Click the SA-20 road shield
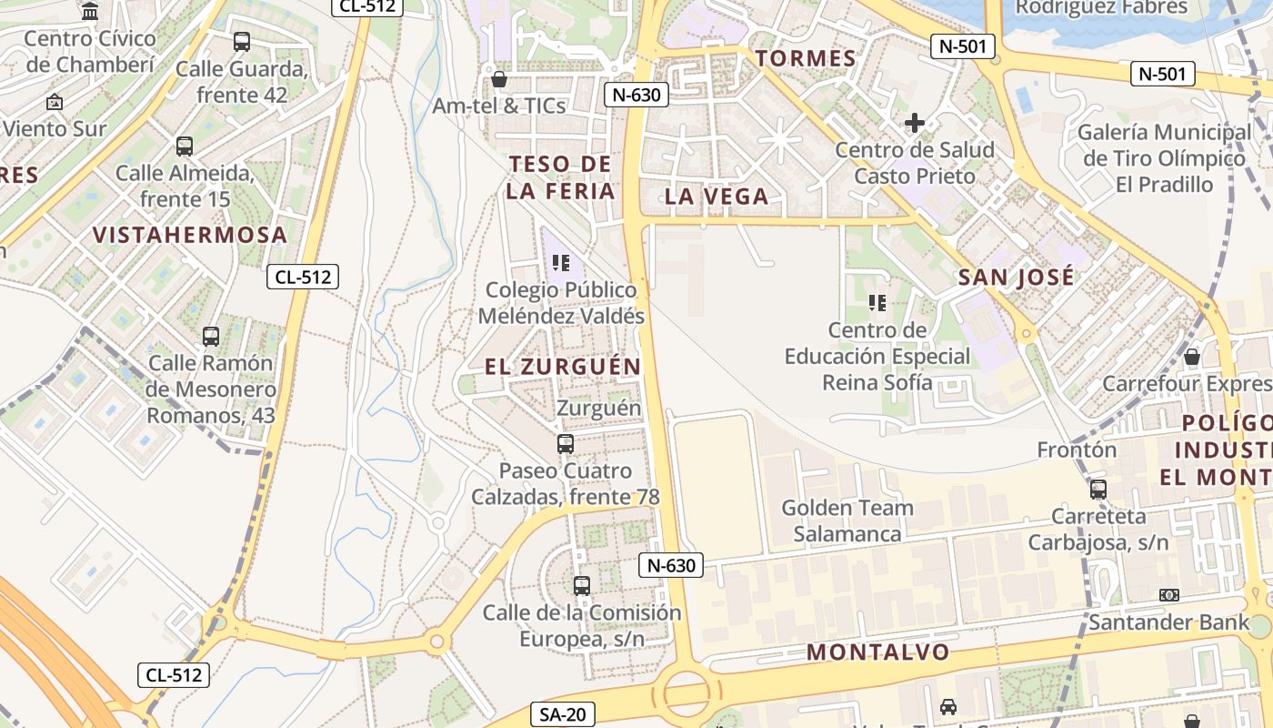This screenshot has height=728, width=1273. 563,714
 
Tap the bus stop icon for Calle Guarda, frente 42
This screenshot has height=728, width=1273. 242,42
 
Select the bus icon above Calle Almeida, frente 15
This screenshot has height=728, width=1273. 185,147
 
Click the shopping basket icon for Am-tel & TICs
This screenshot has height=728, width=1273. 498,79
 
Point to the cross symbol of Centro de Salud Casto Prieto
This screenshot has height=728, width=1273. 915,123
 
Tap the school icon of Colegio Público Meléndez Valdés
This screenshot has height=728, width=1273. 561,264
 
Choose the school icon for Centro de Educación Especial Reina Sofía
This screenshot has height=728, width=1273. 877,303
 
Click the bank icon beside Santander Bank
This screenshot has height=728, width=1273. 1169,595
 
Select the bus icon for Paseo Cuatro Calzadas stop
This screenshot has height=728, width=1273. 566,444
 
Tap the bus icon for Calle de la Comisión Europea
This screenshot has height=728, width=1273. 582,586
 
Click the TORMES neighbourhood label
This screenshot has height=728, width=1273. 806,59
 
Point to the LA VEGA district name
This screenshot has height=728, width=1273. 717,197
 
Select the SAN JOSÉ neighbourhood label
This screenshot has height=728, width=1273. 1017,277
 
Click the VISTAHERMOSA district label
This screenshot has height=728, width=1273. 190,235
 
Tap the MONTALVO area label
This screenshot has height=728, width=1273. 878,652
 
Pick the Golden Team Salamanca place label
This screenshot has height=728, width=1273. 847,521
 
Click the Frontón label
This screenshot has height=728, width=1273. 1077,450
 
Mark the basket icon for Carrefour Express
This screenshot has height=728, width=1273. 1192,357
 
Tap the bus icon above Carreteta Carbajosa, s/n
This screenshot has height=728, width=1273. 1098,490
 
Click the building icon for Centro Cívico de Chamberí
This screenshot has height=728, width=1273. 90,12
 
